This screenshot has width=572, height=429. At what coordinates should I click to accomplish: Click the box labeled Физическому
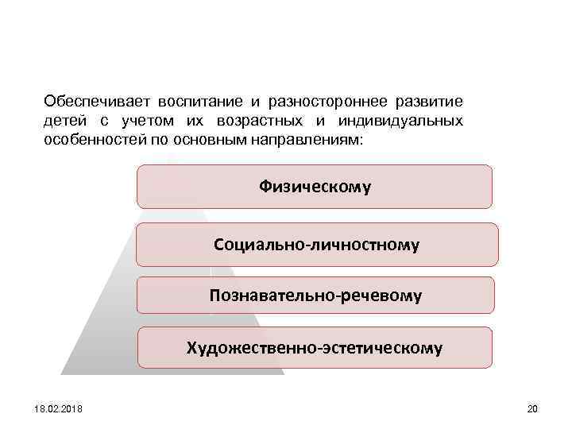315,187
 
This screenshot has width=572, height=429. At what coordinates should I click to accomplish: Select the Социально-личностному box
316,244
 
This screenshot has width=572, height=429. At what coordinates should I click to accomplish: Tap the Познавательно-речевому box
315,296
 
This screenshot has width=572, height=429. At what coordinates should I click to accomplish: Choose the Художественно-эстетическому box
315,348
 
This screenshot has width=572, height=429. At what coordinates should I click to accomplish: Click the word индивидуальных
400,121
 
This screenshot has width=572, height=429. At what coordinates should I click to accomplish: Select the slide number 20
532,409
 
